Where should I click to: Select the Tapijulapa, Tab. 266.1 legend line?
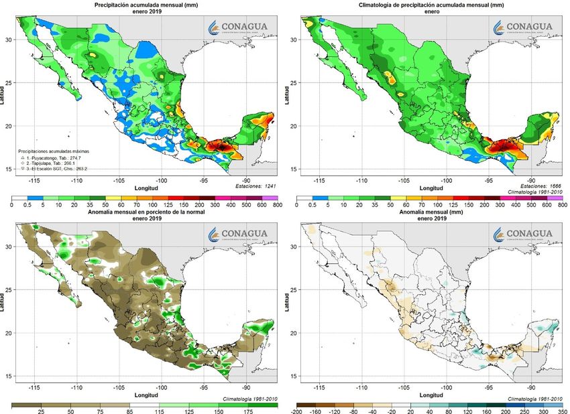[52, 163]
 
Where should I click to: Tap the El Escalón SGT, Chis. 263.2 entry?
[53, 169]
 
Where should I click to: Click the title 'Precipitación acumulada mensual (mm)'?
[141, 5]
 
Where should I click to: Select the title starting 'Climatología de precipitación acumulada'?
[427, 5]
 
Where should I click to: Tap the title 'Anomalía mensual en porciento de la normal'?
[141, 214]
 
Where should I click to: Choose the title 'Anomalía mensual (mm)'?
[427, 214]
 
